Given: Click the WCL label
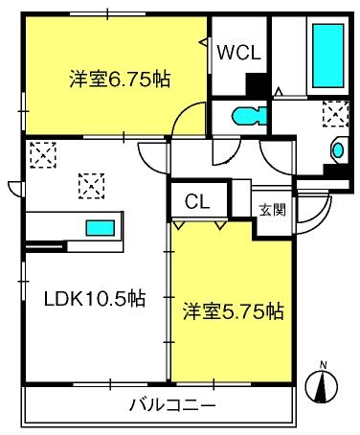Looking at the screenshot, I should pos(238,54).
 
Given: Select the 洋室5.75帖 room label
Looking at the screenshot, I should pos(233,311).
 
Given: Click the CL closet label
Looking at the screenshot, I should pos(198,202).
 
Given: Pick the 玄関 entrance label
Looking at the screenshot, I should pos(267,208).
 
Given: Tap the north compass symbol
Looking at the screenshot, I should pos(323,386).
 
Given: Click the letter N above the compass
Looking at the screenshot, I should pos(323,364).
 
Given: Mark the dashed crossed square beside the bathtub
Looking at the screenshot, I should pos(336,115).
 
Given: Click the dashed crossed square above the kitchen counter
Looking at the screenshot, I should pos(91,182).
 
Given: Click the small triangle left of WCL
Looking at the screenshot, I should pos(204,42).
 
